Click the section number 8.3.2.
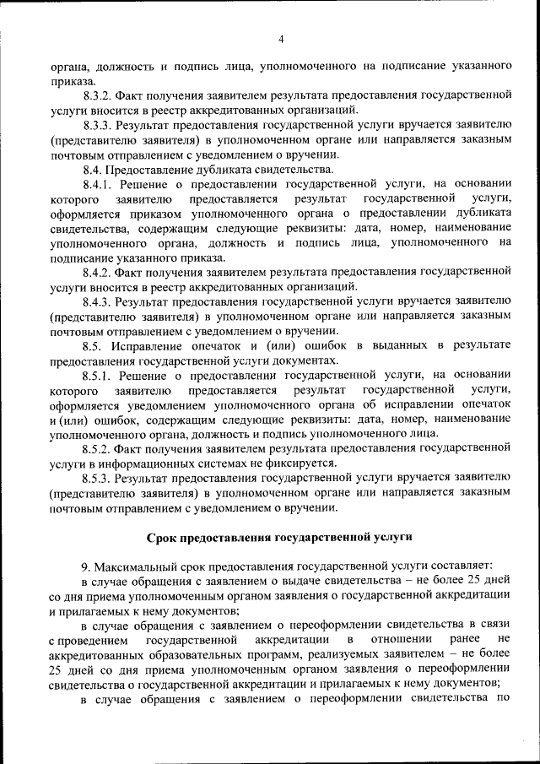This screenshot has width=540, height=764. [98, 95]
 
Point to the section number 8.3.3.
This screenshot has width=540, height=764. [98, 125]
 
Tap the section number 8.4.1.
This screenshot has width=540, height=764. [98, 183]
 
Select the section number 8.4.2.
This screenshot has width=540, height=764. [98, 271]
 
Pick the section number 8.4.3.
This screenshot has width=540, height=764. [98, 301]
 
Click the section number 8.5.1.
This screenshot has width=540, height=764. [98, 374]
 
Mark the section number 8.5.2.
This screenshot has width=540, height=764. [98, 447]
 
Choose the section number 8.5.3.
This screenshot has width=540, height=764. [98, 477]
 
